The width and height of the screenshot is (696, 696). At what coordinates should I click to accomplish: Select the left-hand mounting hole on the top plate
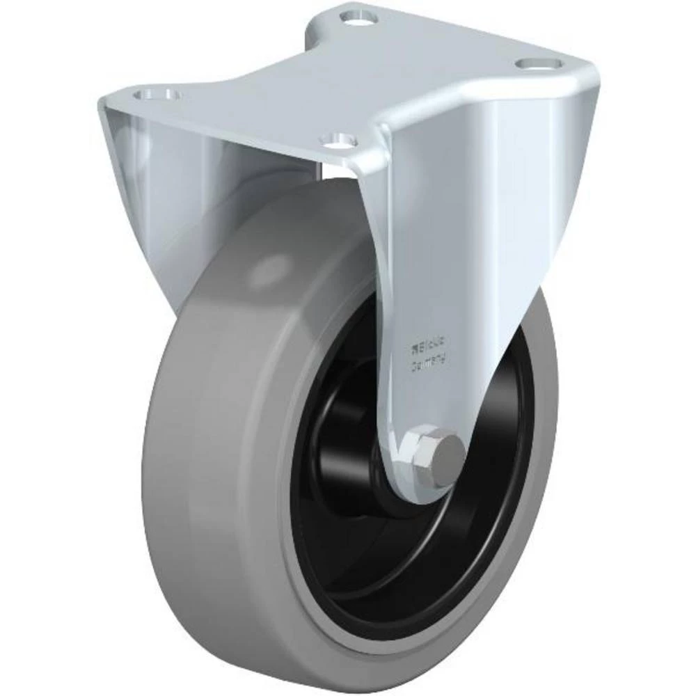click(x=156, y=95)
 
